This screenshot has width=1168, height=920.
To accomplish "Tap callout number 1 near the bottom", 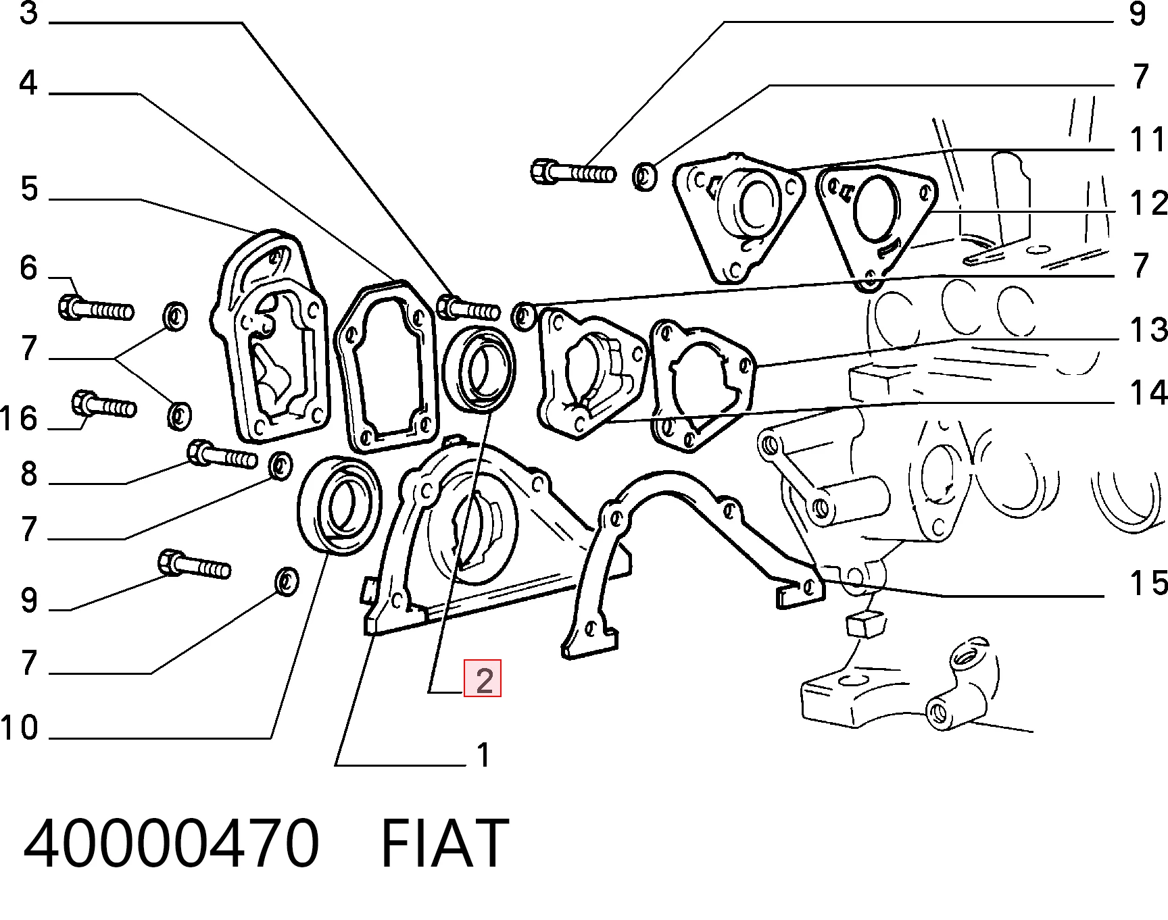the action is (x=483, y=755).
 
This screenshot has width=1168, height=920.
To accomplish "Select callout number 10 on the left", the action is (x=20, y=728).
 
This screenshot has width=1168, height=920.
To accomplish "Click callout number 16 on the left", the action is (x=19, y=419).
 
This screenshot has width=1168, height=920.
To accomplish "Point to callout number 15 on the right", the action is (x=1148, y=582).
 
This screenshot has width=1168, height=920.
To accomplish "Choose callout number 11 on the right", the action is (x=1148, y=140).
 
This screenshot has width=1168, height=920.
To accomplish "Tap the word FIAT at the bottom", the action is (x=445, y=844).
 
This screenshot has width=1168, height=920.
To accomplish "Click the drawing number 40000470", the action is (x=170, y=844).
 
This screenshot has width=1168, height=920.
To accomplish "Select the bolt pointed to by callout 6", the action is (x=96, y=309).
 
